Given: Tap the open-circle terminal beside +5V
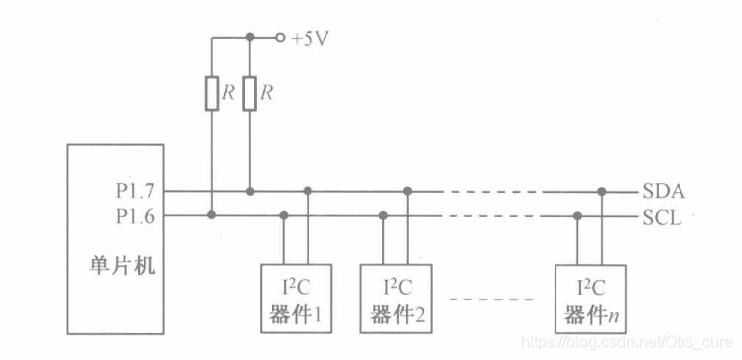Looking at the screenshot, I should (x=281, y=38).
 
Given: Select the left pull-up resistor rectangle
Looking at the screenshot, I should (x=211, y=93).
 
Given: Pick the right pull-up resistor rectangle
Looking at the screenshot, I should (x=249, y=93).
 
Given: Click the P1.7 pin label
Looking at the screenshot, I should (x=134, y=190).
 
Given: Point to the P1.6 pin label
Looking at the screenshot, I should (x=134, y=214).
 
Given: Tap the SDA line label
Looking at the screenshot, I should (x=664, y=191).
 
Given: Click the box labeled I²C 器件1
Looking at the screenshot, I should (x=296, y=297).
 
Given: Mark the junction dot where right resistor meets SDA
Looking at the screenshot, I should (x=249, y=190).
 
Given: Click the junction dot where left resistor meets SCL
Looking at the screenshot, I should (x=211, y=214).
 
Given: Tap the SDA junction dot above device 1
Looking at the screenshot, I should (x=308, y=190).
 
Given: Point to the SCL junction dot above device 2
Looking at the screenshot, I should (x=384, y=214).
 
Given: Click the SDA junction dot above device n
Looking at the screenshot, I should (x=602, y=190).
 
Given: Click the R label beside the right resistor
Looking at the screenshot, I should (x=267, y=93).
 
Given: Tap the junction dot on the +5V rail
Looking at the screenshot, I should (x=249, y=38).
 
